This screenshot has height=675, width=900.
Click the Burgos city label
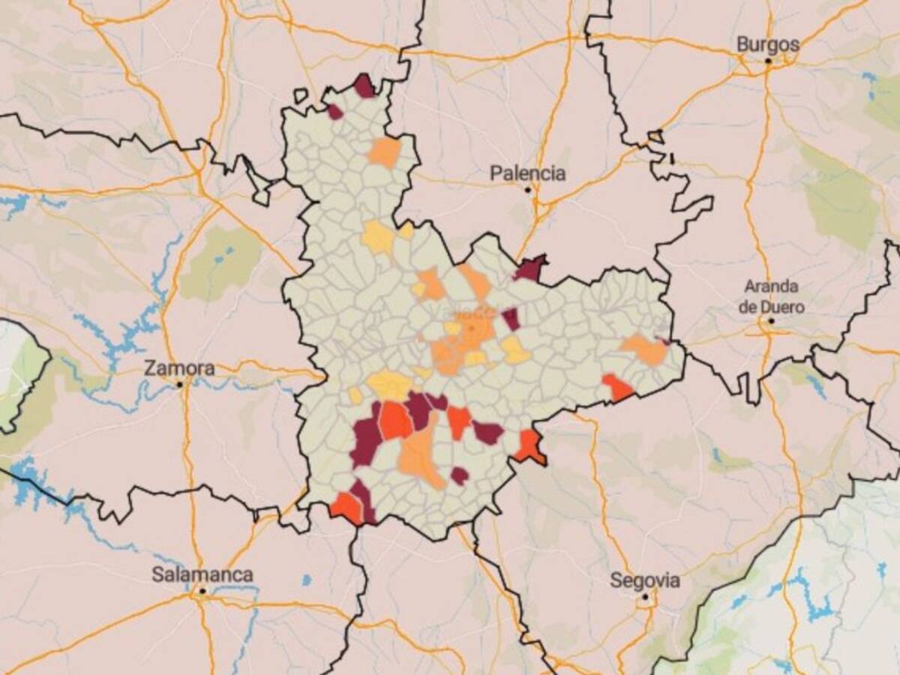coord(768,44)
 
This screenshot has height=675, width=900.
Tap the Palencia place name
coord(527,173)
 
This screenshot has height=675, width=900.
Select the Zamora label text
coord(179,368)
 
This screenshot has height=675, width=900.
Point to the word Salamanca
coord(202,575)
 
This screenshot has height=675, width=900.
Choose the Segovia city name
coord(645,580)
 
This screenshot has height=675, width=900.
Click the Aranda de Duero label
coord(771,296)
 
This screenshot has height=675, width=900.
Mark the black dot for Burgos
coord(768,60)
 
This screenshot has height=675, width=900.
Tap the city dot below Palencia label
coord(528,190)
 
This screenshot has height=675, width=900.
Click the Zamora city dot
coord(180,384)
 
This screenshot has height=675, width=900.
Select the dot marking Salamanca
coord(202,591)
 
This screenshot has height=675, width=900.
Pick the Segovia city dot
coord(645,597)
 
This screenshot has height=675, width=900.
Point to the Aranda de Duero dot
coord(771,321)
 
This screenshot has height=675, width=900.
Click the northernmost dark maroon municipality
coord(364,87)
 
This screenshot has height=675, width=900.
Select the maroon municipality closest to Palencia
coord(530,268)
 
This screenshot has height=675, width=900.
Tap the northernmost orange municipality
coord(385,152)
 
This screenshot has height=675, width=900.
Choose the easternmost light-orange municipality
coord(645,349)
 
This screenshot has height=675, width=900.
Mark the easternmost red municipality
coord(617,388)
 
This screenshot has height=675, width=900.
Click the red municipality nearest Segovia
coord(529,446)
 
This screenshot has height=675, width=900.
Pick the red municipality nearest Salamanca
coord(346,506)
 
